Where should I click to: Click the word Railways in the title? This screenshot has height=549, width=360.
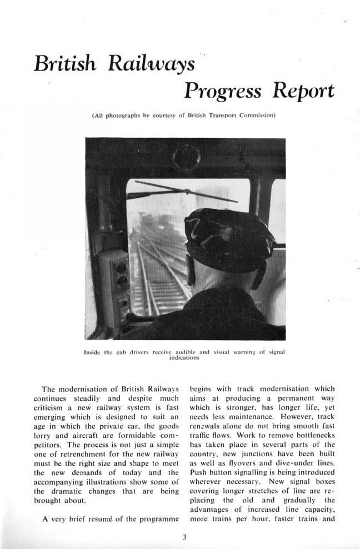(152, 63)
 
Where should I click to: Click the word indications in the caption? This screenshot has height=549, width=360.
(184, 358)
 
